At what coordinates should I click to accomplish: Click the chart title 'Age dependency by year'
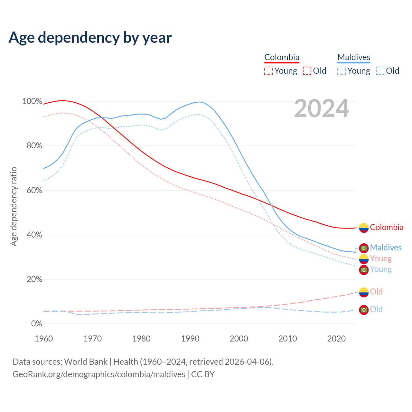[90, 38]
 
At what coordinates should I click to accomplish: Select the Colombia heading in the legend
[282, 57]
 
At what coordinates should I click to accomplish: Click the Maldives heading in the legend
[354, 57]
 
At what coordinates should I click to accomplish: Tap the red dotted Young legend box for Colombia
[268, 71]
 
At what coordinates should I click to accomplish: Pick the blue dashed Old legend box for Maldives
[380, 71]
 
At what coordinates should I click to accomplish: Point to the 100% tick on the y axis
[32, 101]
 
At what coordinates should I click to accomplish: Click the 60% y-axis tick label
[34, 190]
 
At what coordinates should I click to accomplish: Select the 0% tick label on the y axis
[37, 324]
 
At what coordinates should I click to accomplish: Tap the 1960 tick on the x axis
[44, 339]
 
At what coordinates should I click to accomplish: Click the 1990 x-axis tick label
[190, 339]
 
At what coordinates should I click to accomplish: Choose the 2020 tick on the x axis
[336, 339]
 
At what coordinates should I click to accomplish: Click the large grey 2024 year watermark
[321, 108]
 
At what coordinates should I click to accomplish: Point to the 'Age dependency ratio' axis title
[14, 206]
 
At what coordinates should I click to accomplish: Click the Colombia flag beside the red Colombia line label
[364, 228]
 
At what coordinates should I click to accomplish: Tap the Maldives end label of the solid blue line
[386, 248]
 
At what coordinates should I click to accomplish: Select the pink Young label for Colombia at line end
[381, 258]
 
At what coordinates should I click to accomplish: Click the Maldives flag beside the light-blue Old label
[364, 310]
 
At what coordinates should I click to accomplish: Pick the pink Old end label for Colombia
[376, 292]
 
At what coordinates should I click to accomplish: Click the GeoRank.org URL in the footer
[99, 374]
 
